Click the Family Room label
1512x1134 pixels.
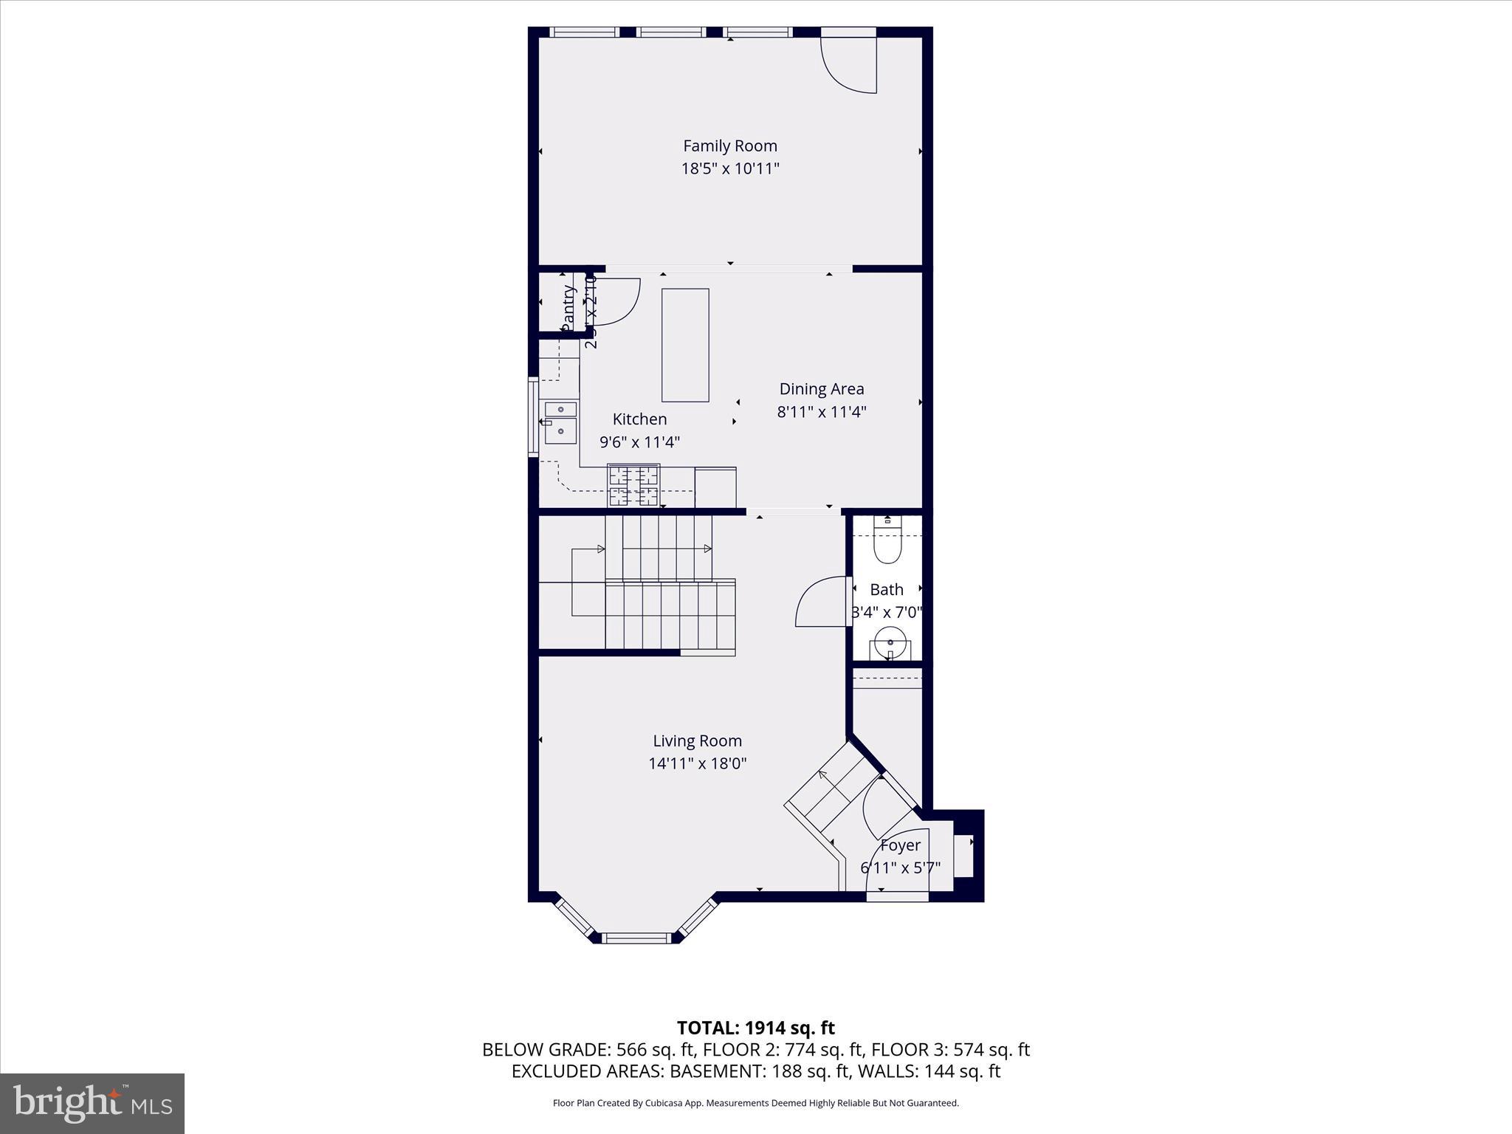tap(729, 146)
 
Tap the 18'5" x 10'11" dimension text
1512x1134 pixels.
tap(729, 169)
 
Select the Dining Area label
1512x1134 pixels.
tap(821, 389)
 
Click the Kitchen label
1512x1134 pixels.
tap(639, 419)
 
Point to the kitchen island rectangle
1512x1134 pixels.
tap(685, 345)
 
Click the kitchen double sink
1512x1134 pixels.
tap(560, 422)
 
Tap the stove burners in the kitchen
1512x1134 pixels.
tap(633, 485)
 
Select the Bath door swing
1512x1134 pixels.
tap(821, 602)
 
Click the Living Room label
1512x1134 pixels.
tap(697, 741)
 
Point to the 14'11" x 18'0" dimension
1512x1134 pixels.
tap(697, 764)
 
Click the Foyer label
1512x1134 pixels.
tap(900, 845)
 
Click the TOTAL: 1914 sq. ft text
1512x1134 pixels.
tap(755, 1028)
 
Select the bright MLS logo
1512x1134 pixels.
tap(92, 1103)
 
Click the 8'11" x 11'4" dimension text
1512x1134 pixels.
tap(821, 412)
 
